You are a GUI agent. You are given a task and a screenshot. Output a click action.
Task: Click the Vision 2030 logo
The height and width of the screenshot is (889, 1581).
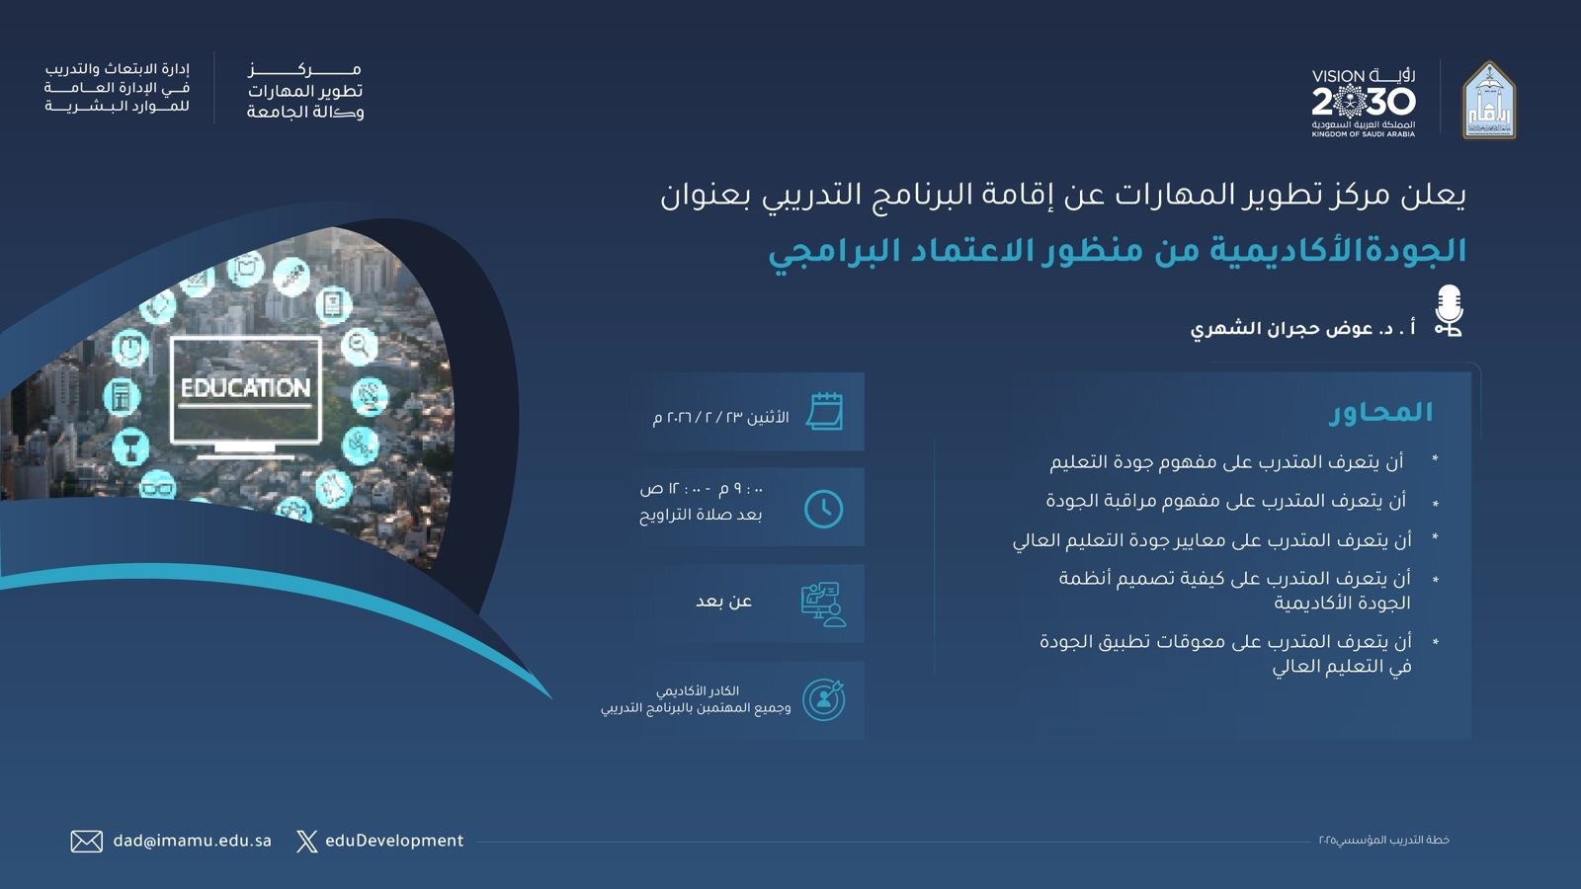pos(1364,103)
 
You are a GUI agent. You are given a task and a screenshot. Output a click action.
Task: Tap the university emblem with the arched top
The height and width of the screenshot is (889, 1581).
pos(1488,100)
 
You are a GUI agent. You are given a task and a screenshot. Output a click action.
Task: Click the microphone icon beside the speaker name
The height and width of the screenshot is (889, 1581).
pos(1449,310)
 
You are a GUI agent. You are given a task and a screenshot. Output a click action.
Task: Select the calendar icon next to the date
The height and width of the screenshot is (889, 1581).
pos(824,411)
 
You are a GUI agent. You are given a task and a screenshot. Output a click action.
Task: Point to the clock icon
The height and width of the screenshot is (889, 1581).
pos(824,508)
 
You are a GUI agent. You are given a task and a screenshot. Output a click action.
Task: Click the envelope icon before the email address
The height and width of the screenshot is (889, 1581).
pos(87,841)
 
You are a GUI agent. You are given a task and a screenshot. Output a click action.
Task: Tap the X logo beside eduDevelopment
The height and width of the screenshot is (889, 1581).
pos(307,841)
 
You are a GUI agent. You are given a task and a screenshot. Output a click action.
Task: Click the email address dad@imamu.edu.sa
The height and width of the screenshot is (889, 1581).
pos(192,841)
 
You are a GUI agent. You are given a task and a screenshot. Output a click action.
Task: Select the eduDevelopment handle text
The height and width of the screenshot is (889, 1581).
pos(394,841)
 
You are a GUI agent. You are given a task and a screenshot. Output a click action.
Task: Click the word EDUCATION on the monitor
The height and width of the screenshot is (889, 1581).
pos(246,388)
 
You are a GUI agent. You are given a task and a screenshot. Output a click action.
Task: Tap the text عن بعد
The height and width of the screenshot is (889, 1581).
pos(724,602)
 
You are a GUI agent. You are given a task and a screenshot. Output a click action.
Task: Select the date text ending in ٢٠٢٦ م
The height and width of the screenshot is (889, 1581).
pos(720,418)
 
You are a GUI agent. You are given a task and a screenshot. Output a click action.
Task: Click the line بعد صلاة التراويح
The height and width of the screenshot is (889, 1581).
pos(701,515)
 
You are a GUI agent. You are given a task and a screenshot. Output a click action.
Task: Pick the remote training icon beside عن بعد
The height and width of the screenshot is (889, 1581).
pos(824,605)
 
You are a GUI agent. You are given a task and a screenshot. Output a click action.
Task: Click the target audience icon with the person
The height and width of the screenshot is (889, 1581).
pos(824,699)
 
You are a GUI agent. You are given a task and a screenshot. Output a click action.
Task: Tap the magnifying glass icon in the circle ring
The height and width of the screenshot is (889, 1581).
pos(360,347)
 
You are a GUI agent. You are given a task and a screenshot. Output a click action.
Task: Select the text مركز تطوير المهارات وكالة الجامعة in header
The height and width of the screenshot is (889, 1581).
pos(305,92)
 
